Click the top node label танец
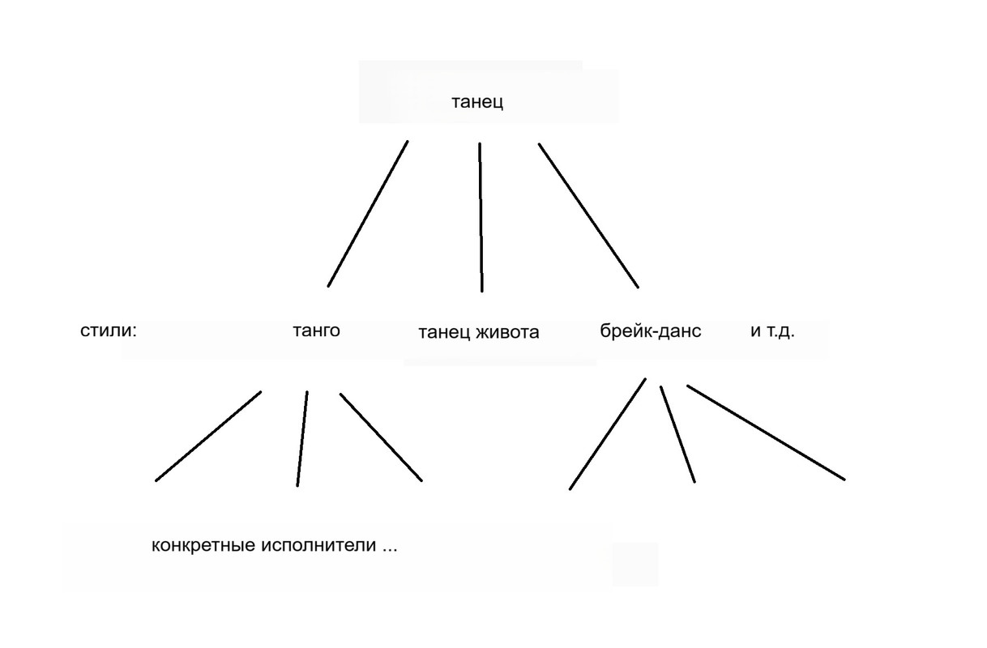click(x=477, y=102)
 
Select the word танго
click(x=315, y=330)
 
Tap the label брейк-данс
click(x=651, y=330)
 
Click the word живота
click(x=508, y=332)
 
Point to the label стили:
click(x=109, y=330)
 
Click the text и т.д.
click(x=772, y=330)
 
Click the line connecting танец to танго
click(x=367, y=213)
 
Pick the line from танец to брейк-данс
click(x=588, y=215)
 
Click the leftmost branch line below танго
click(x=208, y=436)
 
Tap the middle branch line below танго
click(x=302, y=438)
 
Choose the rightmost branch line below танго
click(x=381, y=437)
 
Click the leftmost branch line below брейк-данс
click(x=608, y=433)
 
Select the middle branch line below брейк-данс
click(x=677, y=433)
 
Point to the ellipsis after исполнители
click(x=390, y=548)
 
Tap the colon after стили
click(x=134, y=332)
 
